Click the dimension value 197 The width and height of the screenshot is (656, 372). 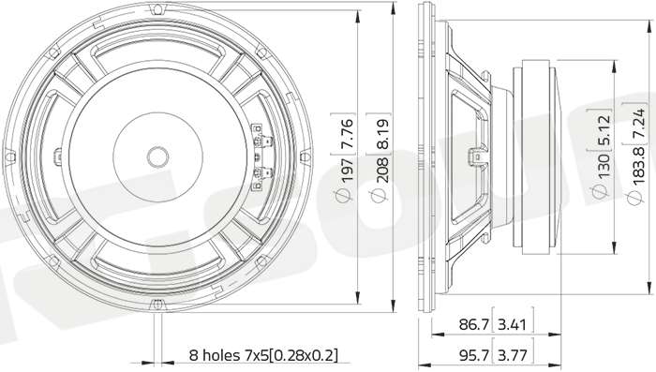(348, 171)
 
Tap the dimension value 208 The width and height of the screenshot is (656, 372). (383, 171)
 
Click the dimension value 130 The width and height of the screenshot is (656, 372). (604, 165)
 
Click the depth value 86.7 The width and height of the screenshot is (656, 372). (474, 324)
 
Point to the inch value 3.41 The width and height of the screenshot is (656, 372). (512, 324)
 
